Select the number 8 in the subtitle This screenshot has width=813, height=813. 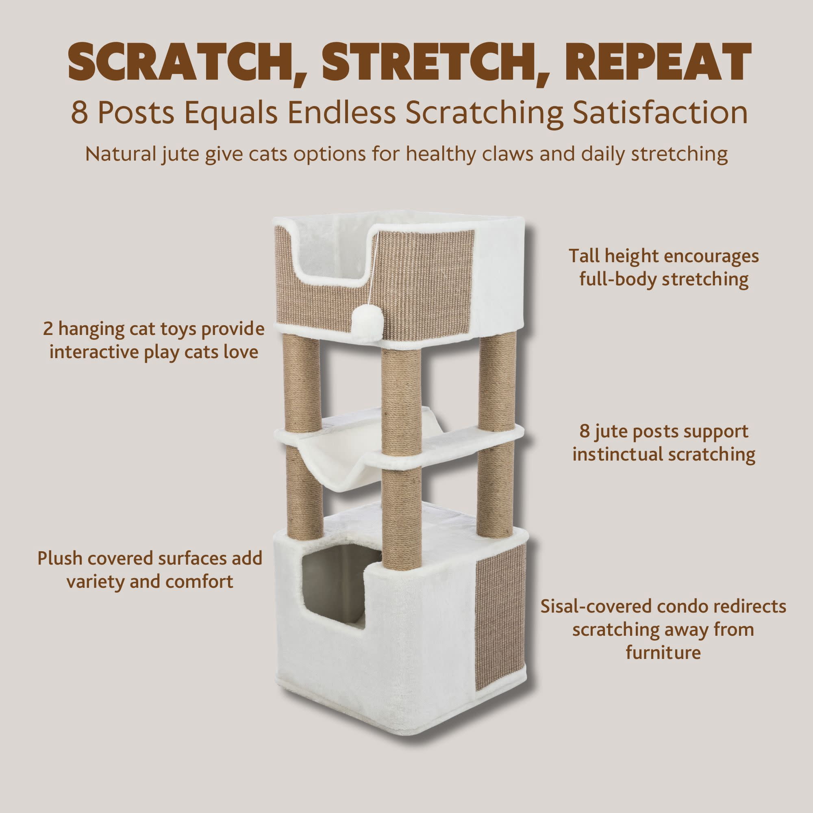(x=79, y=113)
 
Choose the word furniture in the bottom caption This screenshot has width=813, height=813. (x=663, y=653)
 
